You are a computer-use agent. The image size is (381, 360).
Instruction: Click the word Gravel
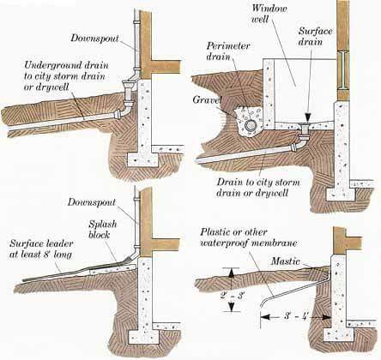click(x=207, y=99)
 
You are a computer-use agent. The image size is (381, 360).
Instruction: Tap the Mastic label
click(x=286, y=261)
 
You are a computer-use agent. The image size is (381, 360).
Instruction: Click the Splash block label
click(x=102, y=229)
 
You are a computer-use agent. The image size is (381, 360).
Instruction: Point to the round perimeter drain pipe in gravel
click(x=251, y=125)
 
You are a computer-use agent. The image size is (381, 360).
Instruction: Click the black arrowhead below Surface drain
click(x=307, y=117)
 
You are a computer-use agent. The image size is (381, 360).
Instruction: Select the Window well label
click(x=269, y=13)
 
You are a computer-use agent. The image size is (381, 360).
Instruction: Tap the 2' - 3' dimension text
click(x=232, y=296)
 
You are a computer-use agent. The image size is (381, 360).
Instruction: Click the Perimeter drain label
click(x=228, y=51)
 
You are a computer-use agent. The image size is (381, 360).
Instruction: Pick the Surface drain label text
click(x=315, y=36)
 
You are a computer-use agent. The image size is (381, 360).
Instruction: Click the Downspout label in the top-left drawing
click(x=94, y=38)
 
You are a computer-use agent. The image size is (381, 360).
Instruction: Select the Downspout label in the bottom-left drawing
click(x=92, y=202)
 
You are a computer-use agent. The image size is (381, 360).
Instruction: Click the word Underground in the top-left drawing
click(x=49, y=65)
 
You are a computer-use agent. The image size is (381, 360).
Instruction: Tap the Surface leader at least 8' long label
click(x=41, y=249)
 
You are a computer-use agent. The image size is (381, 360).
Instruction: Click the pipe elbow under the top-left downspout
click(x=124, y=109)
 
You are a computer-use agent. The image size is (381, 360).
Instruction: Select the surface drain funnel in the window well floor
click(x=305, y=129)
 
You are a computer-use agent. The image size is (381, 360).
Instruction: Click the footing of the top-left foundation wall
click(x=142, y=159)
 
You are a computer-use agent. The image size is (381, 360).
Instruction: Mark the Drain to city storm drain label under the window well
click(x=258, y=188)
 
